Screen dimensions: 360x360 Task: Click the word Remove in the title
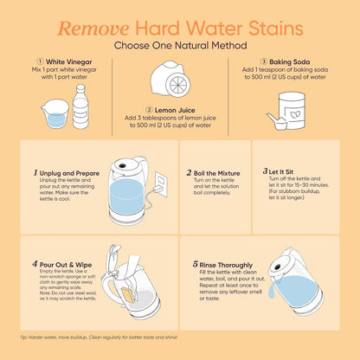pyautogui.click(x=93, y=29)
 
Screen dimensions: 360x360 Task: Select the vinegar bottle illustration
pyautogui.click(x=80, y=106)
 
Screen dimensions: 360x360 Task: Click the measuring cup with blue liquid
pyautogui.click(x=55, y=113)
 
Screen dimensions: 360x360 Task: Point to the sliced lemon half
pyautogui.click(x=179, y=85)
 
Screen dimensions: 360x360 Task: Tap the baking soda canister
pyautogui.click(x=292, y=110)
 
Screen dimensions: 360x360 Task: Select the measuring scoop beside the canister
pyautogui.click(x=276, y=122)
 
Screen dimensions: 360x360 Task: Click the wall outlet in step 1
pyautogui.click(x=161, y=184)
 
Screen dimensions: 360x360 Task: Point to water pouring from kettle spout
pyautogui.click(x=272, y=289)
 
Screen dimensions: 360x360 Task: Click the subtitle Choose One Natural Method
pyautogui.click(x=180, y=46)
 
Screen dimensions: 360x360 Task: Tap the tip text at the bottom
pyautogui.click(x=99, y=337)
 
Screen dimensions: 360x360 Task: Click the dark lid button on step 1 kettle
pyautogui.click(x=122, y=166)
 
